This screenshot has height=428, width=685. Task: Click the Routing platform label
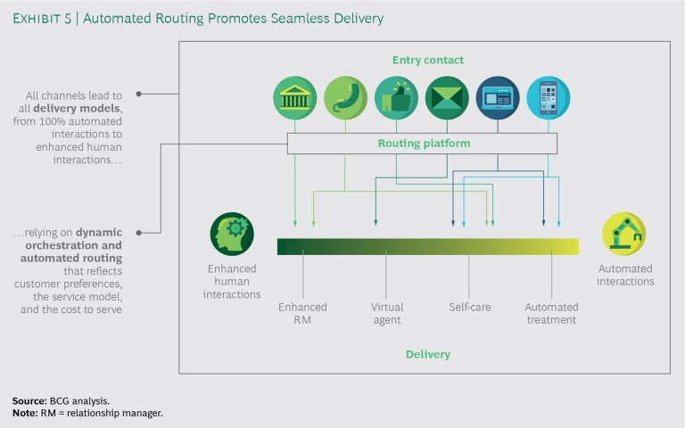pos(424,143)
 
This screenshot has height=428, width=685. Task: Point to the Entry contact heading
pos(428,61)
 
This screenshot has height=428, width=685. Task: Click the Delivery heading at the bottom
pos(428,354)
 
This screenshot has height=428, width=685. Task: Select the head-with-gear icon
pos(232,234)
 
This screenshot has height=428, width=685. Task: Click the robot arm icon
pos(624,234)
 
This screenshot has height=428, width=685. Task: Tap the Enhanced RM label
pos(302,313)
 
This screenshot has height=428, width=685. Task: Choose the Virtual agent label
pos(387,313)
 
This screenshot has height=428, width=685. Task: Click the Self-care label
pos(470,307)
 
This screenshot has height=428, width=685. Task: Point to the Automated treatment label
pos(551,313)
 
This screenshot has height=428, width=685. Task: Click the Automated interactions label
pos(625,275)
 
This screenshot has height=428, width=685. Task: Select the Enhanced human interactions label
pos(232,281)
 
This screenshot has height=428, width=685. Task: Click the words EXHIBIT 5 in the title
pos(42,17)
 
